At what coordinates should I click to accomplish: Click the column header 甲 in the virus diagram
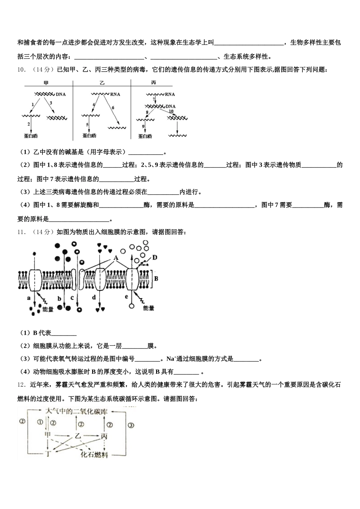point(46,83)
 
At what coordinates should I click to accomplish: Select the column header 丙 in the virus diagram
point(153,83)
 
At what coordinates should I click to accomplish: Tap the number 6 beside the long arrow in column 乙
point(113,108)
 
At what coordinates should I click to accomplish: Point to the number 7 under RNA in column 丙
point(149,100)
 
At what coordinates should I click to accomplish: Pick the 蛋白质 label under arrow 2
point(31,135)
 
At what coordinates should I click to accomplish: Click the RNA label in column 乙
point(115,94)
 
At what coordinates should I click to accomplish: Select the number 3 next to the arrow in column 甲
point(51,103)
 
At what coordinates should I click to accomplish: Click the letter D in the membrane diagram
point(155,258)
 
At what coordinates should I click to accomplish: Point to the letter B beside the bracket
point(156,278)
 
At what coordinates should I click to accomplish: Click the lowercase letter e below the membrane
point(127,297)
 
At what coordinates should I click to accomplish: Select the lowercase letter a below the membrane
point(28,298)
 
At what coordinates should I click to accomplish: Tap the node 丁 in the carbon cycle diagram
point(47,452)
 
